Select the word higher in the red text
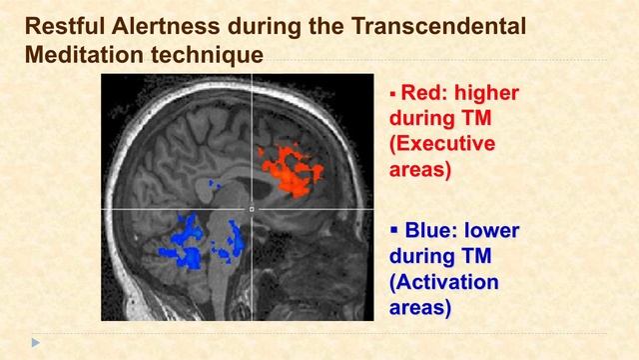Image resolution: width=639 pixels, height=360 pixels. point(486,94)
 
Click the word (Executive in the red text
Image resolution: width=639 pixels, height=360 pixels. point(441,144)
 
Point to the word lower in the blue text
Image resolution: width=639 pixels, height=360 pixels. point(492,231)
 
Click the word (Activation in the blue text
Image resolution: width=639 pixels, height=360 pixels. point(443,282)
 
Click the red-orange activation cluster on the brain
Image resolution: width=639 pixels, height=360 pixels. point(292,169)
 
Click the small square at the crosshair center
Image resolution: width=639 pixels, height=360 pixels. point(252,209)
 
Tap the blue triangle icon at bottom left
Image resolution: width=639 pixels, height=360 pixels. point(36,343)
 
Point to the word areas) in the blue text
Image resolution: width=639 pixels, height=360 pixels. point(419,307)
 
